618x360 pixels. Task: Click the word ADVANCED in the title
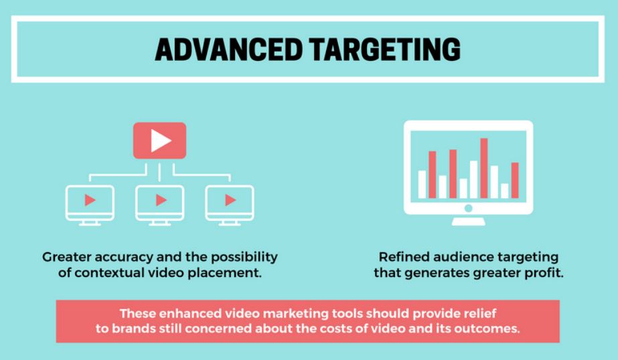point(228,50)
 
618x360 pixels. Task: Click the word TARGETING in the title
point(385,50)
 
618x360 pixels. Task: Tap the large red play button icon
point(159,141)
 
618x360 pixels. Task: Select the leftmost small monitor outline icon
point(90,205)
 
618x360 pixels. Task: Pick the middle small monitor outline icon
point(159,205)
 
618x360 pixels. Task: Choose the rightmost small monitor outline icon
point(230,205)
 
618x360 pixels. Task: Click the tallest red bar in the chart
point(484,168)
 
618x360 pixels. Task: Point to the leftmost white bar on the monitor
point(422,184)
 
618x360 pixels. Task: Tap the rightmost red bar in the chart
point(515,181)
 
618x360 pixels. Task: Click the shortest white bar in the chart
point(504,191)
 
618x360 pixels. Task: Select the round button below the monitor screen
point(468,208)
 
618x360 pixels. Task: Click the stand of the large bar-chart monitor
point(468,221)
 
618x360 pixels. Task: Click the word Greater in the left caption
point(66,257)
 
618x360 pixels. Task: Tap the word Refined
point(404,257)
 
